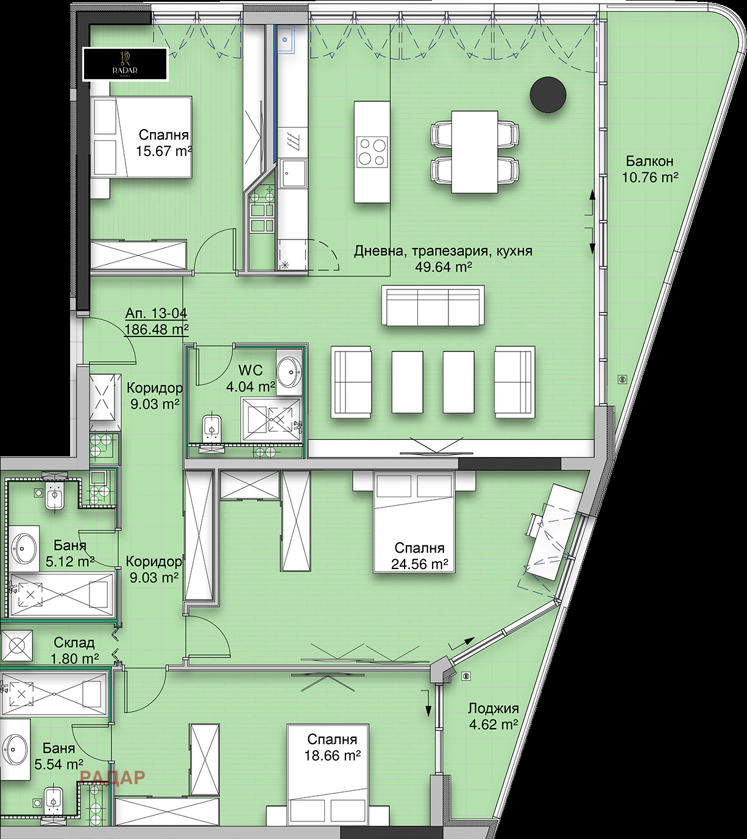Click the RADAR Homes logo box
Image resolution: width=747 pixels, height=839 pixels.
[x=125, y=64]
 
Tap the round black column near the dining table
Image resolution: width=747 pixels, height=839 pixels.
[x=548, y=94]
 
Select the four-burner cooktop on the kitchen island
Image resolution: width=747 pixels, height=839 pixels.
[x=372, y=151]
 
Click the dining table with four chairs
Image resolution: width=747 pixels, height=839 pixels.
[x=475, y=152]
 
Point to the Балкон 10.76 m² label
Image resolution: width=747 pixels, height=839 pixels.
[x=650, y=169]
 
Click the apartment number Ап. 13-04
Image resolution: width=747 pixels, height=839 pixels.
[x=156, y=314]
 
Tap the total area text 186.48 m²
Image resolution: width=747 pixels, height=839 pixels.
[x=157, y=329]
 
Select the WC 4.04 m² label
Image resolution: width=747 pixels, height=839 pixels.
[x=250, y=378]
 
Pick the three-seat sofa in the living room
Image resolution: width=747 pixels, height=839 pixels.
[x=433, y=306]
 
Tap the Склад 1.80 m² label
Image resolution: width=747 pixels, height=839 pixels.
[x=74, y=650]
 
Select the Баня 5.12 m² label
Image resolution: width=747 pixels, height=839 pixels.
[x=69, y=553]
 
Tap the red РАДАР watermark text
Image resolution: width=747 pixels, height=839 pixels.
[x=112, y=777]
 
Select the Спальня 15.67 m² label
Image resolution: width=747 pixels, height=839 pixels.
[x=163, y=143]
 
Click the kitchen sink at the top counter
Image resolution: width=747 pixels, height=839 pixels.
[x=285, y=40]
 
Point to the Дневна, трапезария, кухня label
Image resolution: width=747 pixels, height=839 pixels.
[x=443, y=251]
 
